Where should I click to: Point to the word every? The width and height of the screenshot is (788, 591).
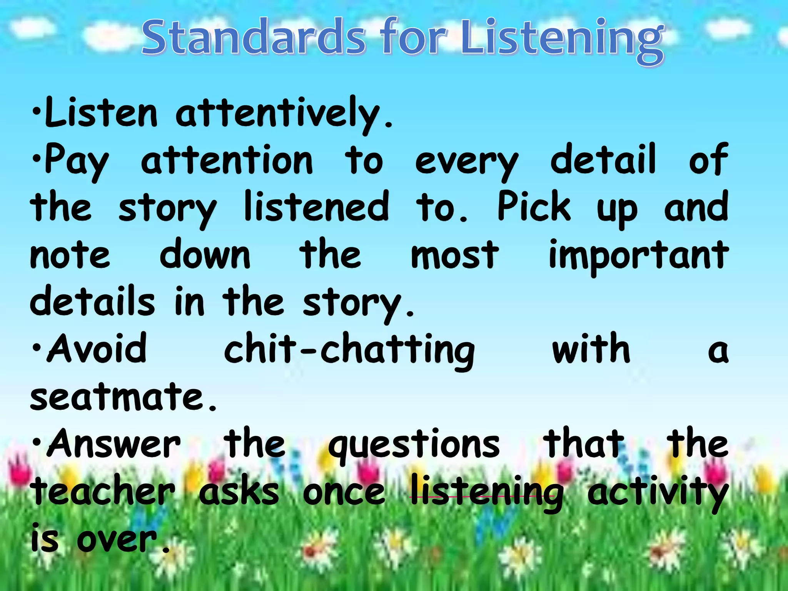(466, 162)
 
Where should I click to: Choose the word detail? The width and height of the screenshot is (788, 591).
(603, 159)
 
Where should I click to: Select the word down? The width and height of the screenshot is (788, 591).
(205, 254)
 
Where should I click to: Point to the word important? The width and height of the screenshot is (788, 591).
(638, 255)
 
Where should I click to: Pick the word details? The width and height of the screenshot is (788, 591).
(92, 302)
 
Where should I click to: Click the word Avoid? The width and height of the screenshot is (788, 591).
(96, 349)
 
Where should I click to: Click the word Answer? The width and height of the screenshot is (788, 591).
(114, 444)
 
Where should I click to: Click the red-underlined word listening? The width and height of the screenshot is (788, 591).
(486, 492)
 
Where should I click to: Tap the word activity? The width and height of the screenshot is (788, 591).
(657, 492)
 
